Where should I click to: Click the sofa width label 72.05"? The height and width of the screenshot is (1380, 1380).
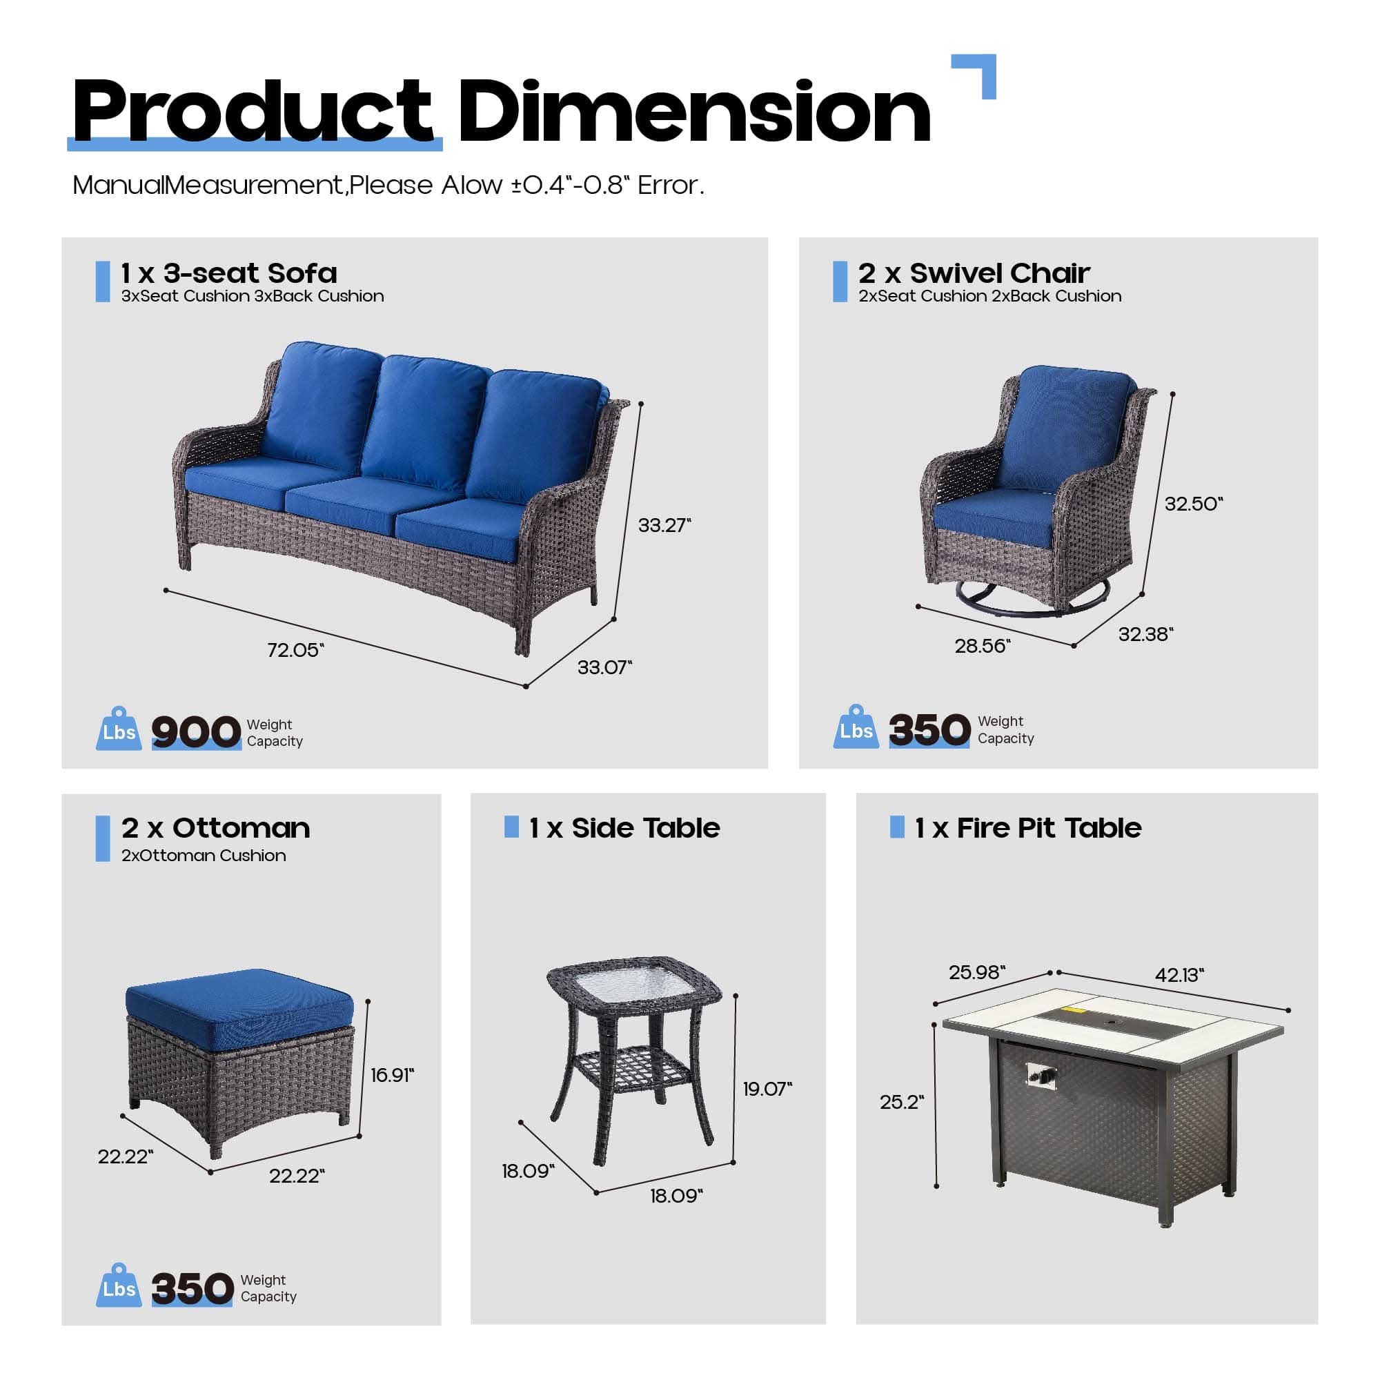pyautogui.click(x=295, y=650)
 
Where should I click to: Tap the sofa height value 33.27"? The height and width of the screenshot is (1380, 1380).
pyautogui.click(x=664, y=525)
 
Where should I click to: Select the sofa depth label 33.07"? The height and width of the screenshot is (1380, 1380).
pyautogui.click(x=604, y=667)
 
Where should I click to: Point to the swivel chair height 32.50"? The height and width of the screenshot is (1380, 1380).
pyautogui.click(x=1194, y=504)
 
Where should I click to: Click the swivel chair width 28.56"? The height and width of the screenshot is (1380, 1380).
pyautogui.click(x=982, y=646)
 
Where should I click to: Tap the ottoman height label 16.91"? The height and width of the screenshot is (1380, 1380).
pyautogui.click(x=392, y=1075)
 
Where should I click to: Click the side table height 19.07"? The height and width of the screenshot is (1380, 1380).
pyautogui.click(x=767, y=1089)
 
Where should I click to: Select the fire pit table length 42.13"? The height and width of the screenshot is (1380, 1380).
pyautogui.click(x=1179, y=974)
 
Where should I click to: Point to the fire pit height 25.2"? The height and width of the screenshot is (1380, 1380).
pyautogui.click(x=901, y=1101)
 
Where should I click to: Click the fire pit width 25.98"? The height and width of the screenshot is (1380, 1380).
pyautogui.click(x=976, y=972)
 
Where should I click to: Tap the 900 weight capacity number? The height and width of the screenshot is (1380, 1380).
pyautogui.click(x=196, y=732)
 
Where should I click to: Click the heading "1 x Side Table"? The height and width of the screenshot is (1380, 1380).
pyautogui.click(x=624, y=828)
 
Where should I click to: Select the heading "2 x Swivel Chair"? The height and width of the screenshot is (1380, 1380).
pyautogui.click(x=974, y=273)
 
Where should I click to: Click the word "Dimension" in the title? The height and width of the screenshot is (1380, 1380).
pyautogui.click(x=693, y=113)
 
